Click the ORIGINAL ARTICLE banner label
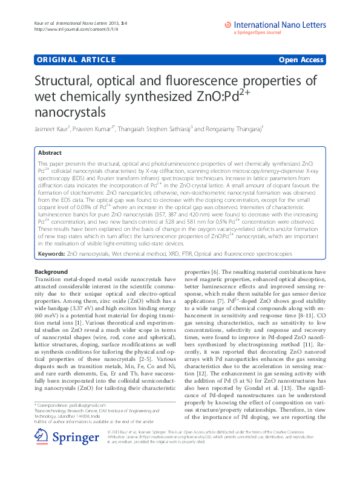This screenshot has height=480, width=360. [76, 59]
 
